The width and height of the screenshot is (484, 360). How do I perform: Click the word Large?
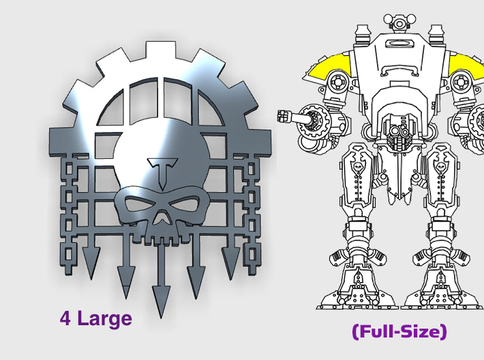coord(103,318)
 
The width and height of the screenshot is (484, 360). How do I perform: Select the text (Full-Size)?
coord(399,332)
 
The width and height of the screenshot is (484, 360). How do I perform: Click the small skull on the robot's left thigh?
coord(359,166)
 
